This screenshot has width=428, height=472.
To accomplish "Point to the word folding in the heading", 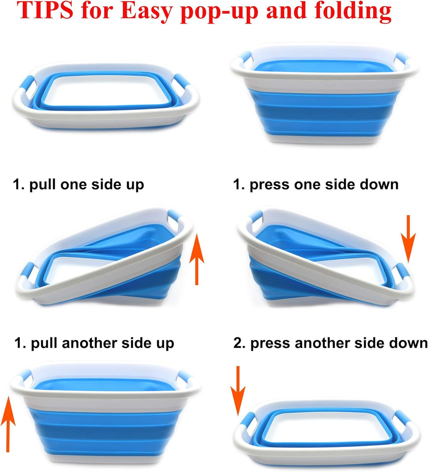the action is (x=353, y=11).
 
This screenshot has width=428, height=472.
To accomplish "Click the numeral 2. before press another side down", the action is (x=239, y=343).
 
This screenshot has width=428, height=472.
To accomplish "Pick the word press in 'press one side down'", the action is (x=269, y=185).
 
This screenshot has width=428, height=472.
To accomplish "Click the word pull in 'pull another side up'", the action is (x=44, y=344).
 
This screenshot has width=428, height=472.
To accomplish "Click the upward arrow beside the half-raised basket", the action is (x=197, y=259).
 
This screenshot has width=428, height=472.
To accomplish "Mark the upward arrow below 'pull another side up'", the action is (x=8, y=424).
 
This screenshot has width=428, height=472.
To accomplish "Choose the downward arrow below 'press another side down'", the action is (x=238, y=390).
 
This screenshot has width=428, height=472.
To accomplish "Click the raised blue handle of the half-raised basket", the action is (x=174, y=216).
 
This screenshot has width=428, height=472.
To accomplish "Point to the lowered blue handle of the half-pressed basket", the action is (x=403, y=271).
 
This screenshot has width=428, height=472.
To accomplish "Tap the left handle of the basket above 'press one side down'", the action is (x=245, y=57).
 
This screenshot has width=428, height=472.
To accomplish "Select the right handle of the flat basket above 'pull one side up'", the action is (x=182, y=81).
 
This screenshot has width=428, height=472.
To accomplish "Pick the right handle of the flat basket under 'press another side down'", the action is (x=403, y=418).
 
